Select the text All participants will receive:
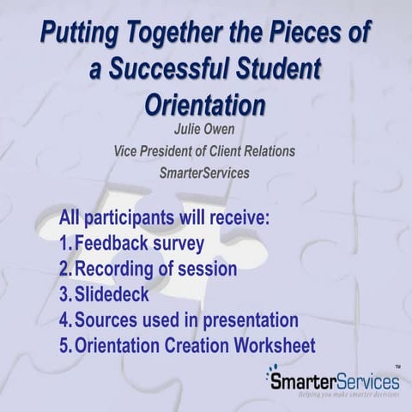[165, 217]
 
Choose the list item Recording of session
[155, 269]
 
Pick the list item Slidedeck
[112, 294]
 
